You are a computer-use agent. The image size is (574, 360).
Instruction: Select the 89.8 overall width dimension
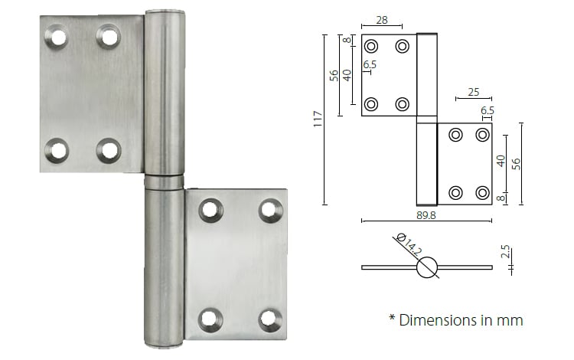click(426, 215)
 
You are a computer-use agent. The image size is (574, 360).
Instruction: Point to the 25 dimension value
click(472, 92)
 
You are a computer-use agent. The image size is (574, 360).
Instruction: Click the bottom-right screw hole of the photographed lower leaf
click(269, 319)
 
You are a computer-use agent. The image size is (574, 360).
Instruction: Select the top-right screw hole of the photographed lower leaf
click(269, 209)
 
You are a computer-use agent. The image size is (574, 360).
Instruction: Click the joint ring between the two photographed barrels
click(164, 182)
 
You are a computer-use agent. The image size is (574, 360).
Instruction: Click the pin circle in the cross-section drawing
click(427, 267)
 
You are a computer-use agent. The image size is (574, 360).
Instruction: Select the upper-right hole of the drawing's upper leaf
click(402, 46)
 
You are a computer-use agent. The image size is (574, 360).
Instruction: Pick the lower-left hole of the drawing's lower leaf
click(455, 192)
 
